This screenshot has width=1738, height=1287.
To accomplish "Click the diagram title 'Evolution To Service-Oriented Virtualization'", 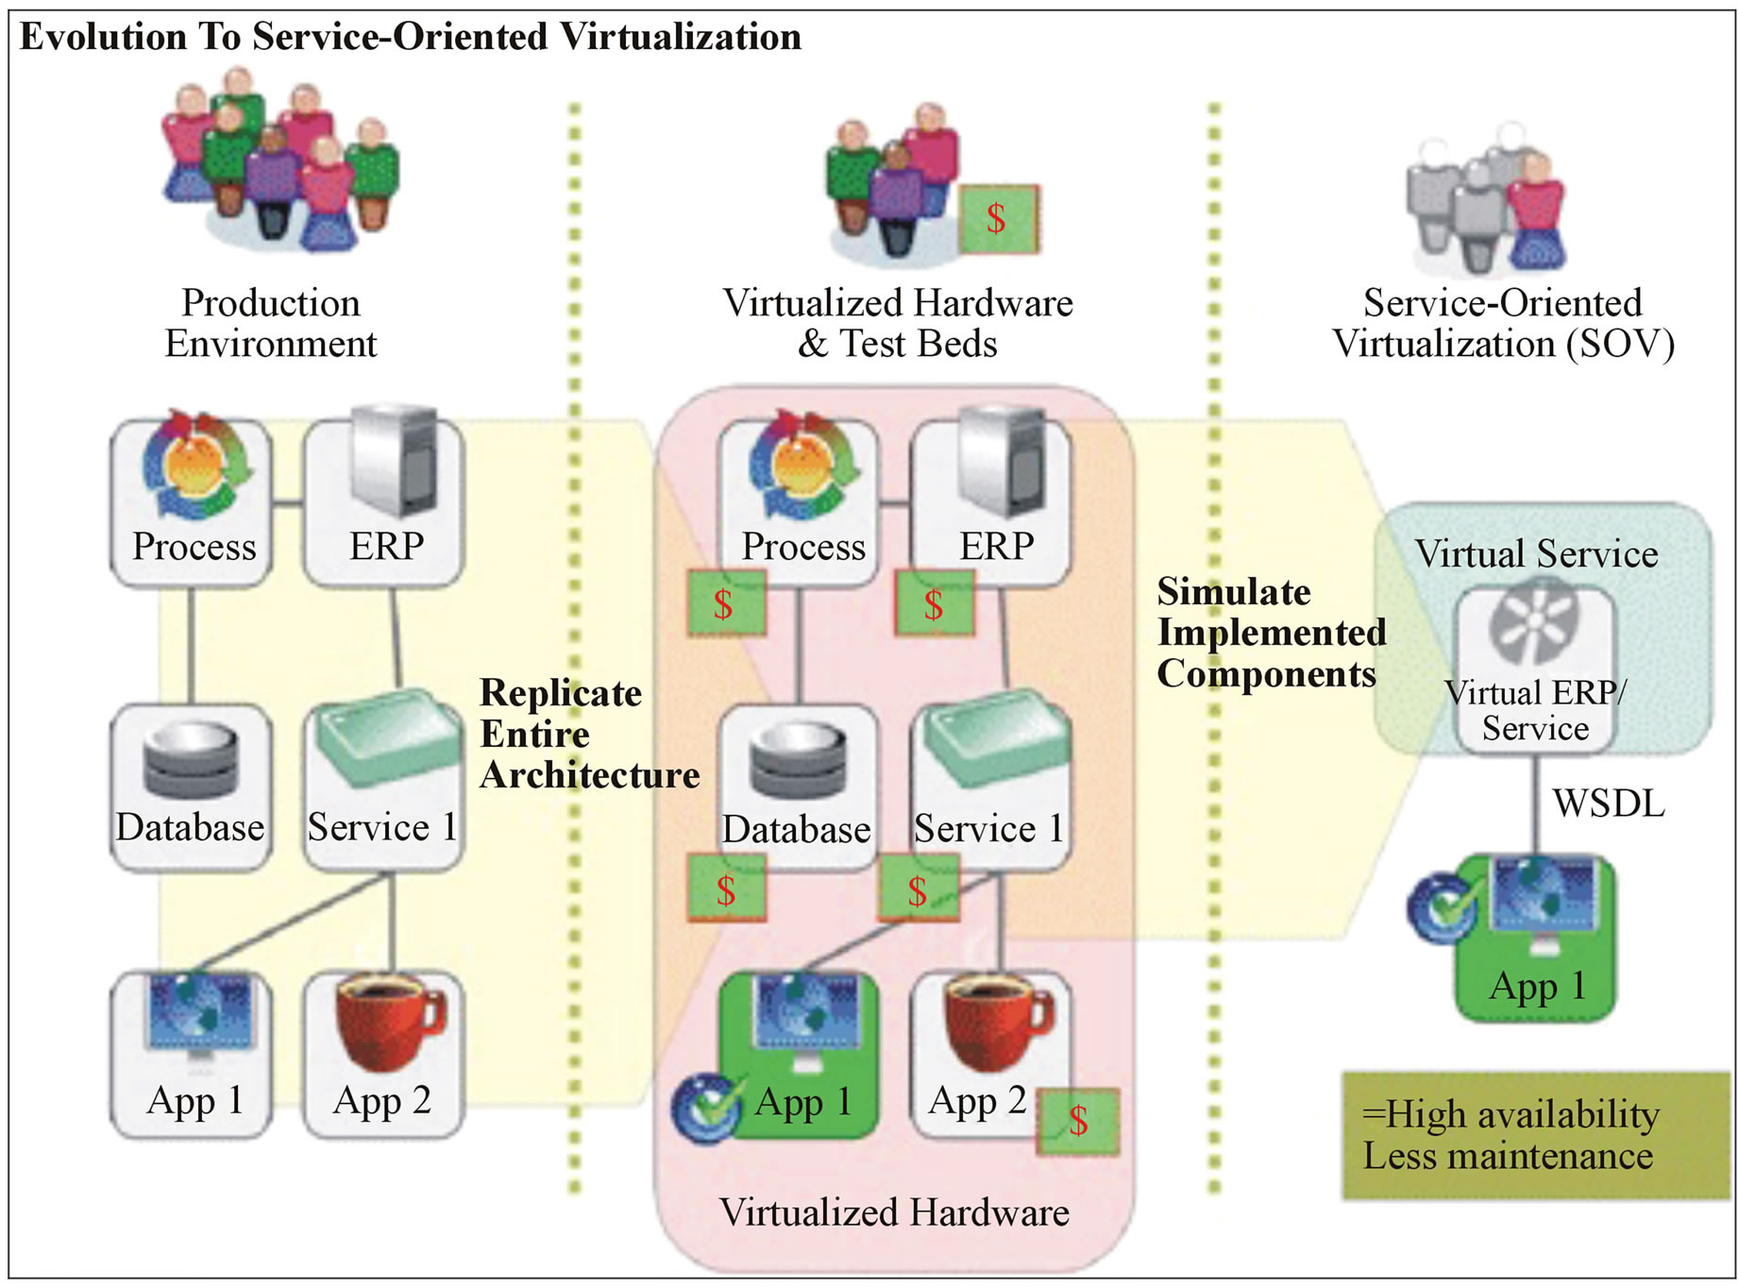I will click(411, 37).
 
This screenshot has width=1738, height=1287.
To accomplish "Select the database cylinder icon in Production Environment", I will click(191, 761).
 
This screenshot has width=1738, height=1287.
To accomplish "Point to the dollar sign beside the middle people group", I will click(999, 219).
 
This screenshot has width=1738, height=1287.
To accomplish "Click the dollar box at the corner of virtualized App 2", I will click(1077, 1122).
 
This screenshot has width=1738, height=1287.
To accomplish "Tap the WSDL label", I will click(1608, 804).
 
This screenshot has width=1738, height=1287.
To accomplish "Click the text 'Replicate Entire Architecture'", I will click(587, 734).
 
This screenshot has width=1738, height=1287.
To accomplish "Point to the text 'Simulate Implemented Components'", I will click(1270, 633).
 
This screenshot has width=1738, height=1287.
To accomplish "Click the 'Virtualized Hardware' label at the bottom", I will click(893, 1213).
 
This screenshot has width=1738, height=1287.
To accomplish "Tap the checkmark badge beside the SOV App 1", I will click(1443, 907).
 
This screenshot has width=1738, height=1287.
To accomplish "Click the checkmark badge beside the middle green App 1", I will click(707, 1107).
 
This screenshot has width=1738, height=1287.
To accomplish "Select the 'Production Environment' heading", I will click(270, 323).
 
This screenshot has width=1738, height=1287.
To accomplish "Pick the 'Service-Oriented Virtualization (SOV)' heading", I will click(1503, 323).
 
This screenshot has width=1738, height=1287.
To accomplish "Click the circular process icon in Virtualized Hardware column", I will click(803, 466).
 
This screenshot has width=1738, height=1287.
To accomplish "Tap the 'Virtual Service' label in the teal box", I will click(1535, 553).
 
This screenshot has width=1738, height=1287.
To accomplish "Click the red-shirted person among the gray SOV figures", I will click(1537, 212).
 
